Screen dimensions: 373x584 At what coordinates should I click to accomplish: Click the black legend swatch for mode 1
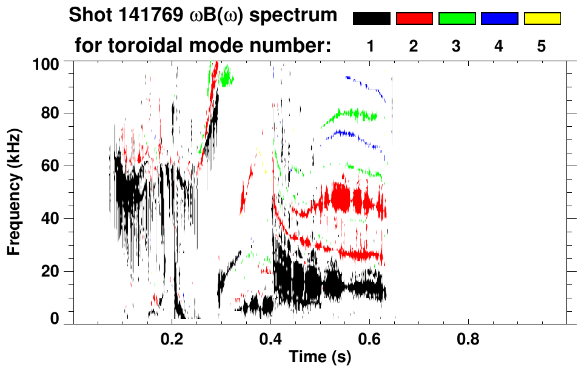coord(371,19)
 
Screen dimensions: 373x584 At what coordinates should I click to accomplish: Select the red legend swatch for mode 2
coord(414,19)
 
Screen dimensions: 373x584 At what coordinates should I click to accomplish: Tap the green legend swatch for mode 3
coord(457,19)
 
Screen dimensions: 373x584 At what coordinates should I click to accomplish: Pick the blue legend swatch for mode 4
coord(499,19)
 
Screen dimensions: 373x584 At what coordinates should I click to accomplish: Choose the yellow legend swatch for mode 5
coord(542,19)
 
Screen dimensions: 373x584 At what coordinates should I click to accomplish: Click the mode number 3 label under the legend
coord(457,46)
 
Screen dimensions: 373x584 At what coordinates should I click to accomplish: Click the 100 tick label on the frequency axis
coord(45,62)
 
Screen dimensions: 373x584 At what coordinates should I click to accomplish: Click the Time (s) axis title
coord(320,357)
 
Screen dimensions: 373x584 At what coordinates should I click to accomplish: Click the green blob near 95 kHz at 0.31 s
coord(227,77)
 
